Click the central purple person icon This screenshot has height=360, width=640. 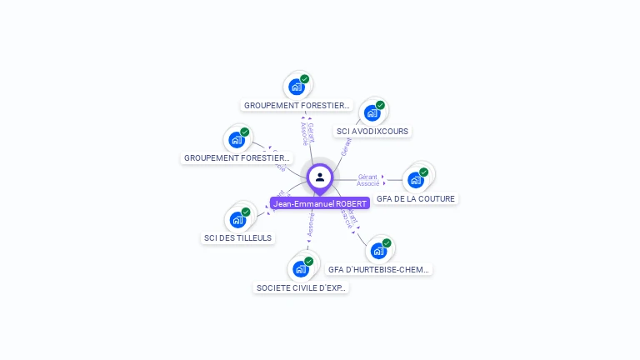pyautogui.click(x=320, y=177)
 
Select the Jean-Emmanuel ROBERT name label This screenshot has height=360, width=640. pyautogui.click(x=320, y=203)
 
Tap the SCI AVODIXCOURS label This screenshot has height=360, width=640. pyautogui.click(x=372, y=132)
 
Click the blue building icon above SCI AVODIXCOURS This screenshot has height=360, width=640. pyautogui.click(x=371, y=113)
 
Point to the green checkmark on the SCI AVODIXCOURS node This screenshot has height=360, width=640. pyautogui.click(x=380, y=105)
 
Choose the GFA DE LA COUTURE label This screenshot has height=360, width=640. pyautogui.click(x=415, y=199)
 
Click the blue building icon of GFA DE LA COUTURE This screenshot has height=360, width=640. pyautogui.click(x=415, y=180)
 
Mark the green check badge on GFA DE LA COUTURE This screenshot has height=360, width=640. pyautogui.click(x=423, y=172)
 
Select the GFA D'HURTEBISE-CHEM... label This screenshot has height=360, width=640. pyautogui.click(x=379, y=270)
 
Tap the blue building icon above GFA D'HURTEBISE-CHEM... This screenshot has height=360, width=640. pyautogui.click(x=378, y=251)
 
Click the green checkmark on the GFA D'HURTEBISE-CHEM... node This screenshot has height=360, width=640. pyautogui.click(x=387, y=242)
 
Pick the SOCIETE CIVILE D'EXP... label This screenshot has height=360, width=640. pyautogui.click(x=301, y=288)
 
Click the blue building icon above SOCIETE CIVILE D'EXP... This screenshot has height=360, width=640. pyautogui.click(x=300, y=269)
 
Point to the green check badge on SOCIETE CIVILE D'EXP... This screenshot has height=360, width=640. pyautogui.click(x=308, y=261)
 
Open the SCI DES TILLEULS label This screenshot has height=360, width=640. pyautogui.click(x=238, y=238)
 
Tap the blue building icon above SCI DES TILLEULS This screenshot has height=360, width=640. pyautogui.click(x=237, y=220)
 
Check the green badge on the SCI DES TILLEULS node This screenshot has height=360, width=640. pyautogui.click(x=246, y=212)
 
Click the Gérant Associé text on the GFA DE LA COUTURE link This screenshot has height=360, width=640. pyautogui.click(x=367, y=180)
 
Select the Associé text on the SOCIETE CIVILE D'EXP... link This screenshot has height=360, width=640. pyautogui.click(x=310, y=226)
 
